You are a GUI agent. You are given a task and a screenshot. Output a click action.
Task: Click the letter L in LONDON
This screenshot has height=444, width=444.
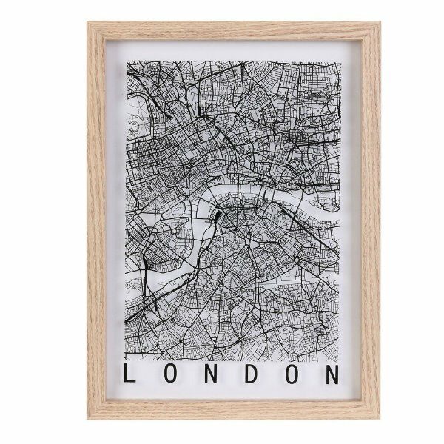(x=130, y=373)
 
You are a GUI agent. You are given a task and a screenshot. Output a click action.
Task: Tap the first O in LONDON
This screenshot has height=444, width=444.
(x=172, y=373)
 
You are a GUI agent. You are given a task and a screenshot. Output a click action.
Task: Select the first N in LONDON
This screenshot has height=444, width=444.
(x=212, y=373)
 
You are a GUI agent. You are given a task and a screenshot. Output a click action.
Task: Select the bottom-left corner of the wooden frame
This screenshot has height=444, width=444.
(x=89, y=418)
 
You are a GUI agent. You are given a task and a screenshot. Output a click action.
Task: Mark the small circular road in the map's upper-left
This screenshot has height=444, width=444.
(x=134, y=127)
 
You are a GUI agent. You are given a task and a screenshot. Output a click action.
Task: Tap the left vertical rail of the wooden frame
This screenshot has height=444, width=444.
(x=97, y=222)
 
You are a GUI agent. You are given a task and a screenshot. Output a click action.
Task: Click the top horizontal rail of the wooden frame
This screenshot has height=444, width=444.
(x=234, y=31)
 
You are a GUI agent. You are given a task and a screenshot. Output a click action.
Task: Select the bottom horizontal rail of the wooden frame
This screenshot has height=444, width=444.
(x=234, y=410)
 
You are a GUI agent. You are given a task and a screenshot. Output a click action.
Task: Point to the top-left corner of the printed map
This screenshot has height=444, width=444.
(x=127, y=61)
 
